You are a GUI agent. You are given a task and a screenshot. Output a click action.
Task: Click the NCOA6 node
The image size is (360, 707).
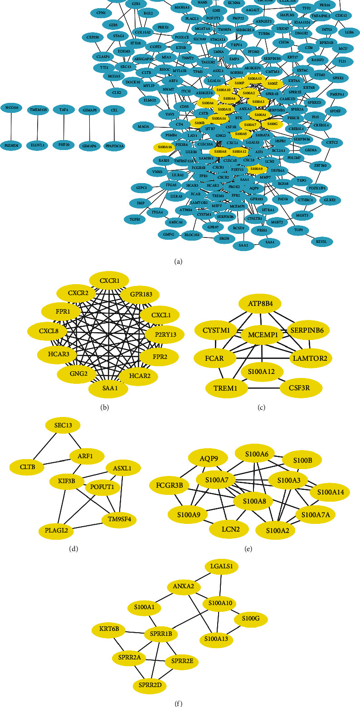click(12, 109)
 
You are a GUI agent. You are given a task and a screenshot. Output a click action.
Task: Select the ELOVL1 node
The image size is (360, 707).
click(38, 145)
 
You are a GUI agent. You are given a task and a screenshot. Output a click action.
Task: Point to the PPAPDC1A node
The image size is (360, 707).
click(113, 145)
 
